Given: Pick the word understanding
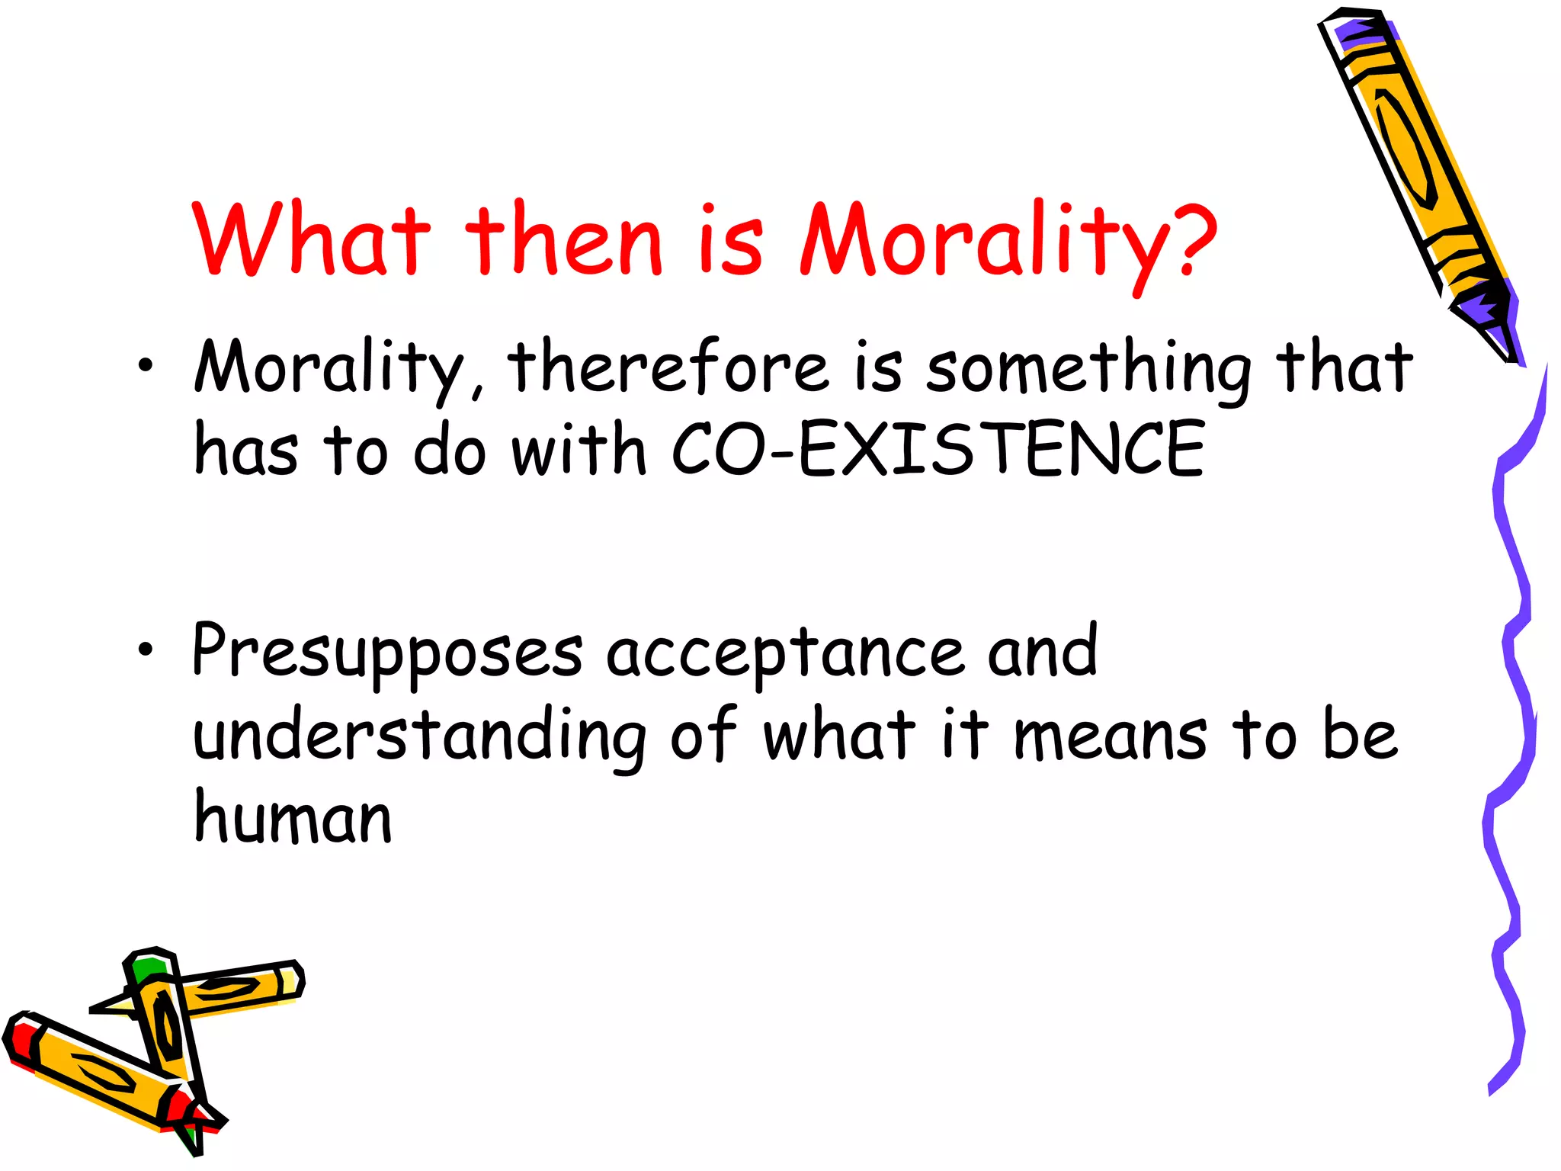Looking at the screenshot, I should coord(419,736).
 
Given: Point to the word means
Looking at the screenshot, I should coord(1110,736).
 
